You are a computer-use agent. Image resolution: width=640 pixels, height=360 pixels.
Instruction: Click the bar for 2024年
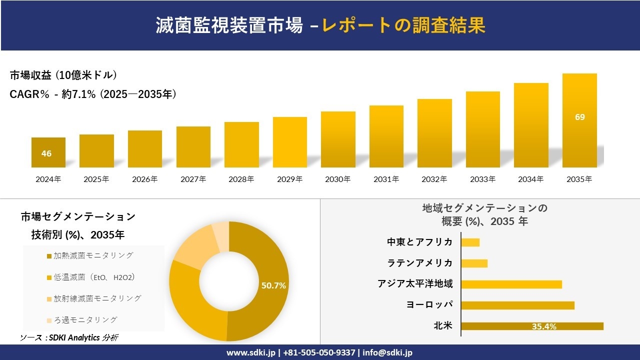[x=48, y=152]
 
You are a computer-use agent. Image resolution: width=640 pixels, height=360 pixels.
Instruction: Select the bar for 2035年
[x=579, y=120]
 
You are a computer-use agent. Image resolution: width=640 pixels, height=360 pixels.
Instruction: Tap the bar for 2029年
[x=289, y=142]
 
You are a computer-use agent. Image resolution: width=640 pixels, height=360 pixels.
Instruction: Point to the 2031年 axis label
[x=386, y=179]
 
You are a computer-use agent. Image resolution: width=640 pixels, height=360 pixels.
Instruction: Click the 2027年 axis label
[x=193, y=179]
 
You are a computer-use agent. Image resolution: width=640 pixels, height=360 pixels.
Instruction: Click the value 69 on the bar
[x=579, y=117]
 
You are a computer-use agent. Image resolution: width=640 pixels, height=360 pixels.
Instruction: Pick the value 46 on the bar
[x=46, y=153]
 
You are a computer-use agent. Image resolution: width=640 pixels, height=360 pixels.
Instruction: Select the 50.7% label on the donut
[x=273, y=285]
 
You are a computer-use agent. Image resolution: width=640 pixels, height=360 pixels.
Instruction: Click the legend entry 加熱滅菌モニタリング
[x=93, y=255]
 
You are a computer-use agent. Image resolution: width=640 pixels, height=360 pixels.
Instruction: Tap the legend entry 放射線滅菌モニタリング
[x=97, y=298]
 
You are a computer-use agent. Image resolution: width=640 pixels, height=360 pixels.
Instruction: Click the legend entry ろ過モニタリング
[x=85, y=320]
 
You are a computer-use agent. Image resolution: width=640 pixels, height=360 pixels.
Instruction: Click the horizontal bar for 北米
[x=532, y=326]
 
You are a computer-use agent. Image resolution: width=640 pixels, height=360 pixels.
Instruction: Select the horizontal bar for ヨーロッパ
[x=517, y=305]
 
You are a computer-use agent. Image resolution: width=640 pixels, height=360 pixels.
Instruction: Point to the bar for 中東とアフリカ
[x=470, y=242]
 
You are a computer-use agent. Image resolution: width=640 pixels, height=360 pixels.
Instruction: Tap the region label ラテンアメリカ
[x=420, y=263]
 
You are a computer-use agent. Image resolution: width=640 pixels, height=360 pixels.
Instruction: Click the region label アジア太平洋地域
[x=415, y=284]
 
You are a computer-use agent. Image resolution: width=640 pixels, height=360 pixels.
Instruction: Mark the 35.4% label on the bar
[x=544, y=326]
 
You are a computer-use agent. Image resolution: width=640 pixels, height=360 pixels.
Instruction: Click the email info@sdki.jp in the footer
[x=388, y=352]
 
